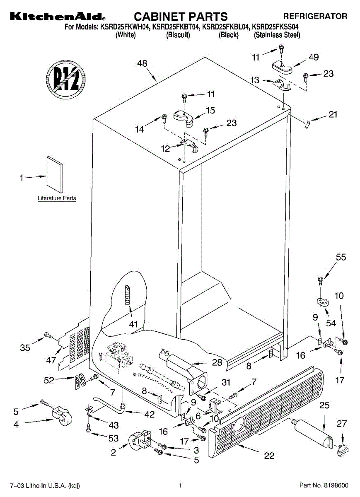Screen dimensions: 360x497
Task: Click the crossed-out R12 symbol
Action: coord(66,80)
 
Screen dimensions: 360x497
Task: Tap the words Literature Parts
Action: coord(57,198)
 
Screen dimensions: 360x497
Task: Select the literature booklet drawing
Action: coord(55,175)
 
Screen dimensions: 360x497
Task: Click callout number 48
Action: coord(142,63)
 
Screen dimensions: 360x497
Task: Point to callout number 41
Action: coord(133,324)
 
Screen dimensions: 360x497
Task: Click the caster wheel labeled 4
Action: coord(63,418)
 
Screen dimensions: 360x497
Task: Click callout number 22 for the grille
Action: coord(269,456)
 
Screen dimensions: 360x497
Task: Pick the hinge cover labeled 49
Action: coord(282,68)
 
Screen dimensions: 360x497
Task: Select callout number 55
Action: coord(341,257)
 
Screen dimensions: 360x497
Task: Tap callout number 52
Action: coord(49,380)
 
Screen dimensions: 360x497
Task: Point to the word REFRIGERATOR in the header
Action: coord(315,16)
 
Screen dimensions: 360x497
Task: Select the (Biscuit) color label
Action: coord(178,35)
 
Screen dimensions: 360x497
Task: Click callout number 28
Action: coord(217,362)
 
